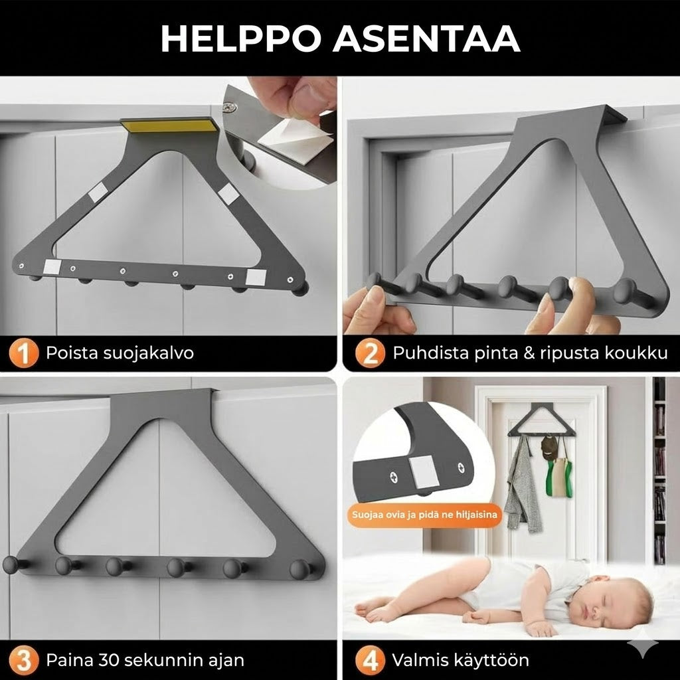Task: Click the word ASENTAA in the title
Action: pyautogui.click(x=426, y=39)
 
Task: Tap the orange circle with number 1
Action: pyautogui.click(x=23, y=353)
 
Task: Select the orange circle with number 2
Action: pyautogui.click(x=369, y=353)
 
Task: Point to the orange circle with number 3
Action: pyautogui.click(x=23, y=661)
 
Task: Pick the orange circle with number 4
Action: pyautogui.click(x=369, y=661)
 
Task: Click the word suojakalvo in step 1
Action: pyautogui.click(x=148, y=353)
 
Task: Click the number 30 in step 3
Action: pyautogui.click(x=111, y=660)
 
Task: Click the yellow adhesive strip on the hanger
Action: pyautogui.click(x=169, y=126)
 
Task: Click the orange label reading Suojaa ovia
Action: pyautogui.click(x=424, y=515)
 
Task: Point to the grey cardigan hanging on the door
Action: pyautogui.click(x=523, y=485)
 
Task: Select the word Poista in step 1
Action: pyautogui.click(x=72, y=353)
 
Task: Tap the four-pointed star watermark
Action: pyautogui.click(x=643, y=643)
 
